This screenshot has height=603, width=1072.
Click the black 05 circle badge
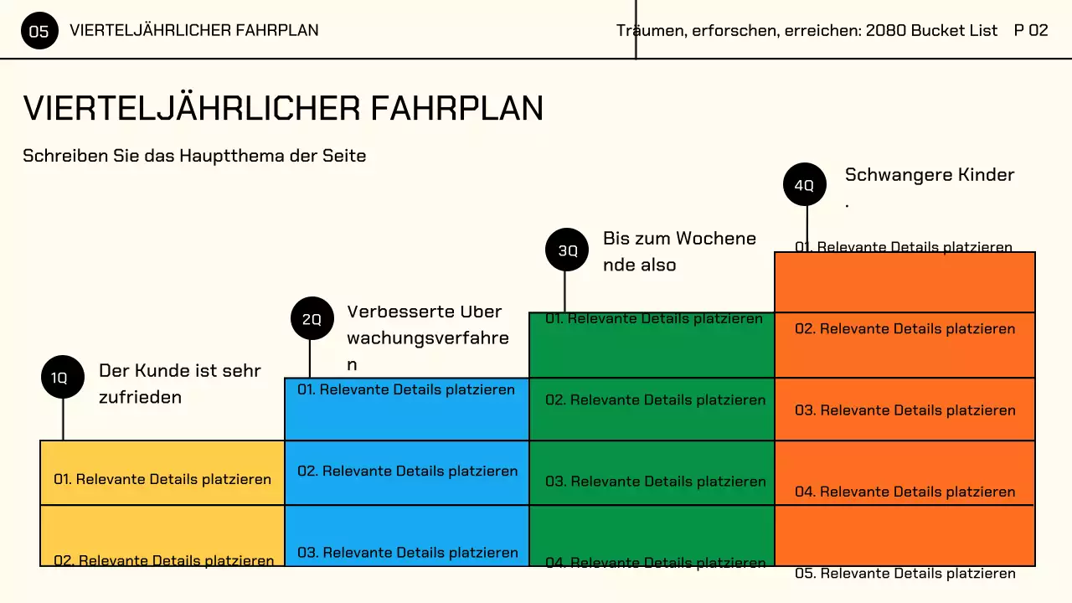point(39,32)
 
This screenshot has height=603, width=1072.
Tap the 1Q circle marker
point(63,377)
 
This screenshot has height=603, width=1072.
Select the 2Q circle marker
point(312,318)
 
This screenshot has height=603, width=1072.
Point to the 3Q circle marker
point(567,250)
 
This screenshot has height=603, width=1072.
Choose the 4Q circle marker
point(804,184)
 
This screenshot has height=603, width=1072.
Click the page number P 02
point(1030,30)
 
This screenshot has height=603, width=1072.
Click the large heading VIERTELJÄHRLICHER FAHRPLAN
point(283,109)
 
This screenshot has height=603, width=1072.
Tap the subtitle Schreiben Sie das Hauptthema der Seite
point(194,156)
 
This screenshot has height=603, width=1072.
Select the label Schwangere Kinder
point(929,175)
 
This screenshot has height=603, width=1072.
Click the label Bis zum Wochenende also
point(679,251)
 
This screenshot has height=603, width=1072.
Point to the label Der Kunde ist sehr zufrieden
point(179,384)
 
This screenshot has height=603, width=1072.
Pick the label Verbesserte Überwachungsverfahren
point(427,338)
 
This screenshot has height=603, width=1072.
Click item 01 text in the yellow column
point(162,479)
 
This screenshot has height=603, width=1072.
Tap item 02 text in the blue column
point(407,471)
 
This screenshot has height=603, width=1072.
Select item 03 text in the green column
point(655,481)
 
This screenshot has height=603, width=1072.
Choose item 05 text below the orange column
point(904,574)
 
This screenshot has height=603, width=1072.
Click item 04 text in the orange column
point(904,492)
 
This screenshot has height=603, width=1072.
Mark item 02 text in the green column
point(655,399)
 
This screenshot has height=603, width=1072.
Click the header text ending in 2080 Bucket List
point(807,30)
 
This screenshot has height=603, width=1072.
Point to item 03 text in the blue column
point(407,552)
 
